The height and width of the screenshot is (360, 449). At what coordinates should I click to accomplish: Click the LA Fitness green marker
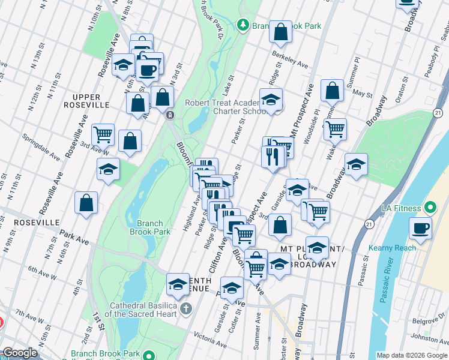[430, 208]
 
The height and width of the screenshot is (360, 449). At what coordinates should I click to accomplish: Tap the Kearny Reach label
[412, 248]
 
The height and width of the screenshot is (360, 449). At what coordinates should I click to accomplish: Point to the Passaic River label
[397, 295]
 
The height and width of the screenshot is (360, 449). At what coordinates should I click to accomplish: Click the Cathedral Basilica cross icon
[185, 308]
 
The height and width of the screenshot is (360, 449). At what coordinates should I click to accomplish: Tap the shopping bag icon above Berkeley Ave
[280, 32]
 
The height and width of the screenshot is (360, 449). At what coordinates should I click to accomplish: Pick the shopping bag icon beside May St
[332, 91]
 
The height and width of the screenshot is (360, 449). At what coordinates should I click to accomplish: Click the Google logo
[19, 353]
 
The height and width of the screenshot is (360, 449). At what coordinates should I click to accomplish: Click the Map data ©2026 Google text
[412, 355]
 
